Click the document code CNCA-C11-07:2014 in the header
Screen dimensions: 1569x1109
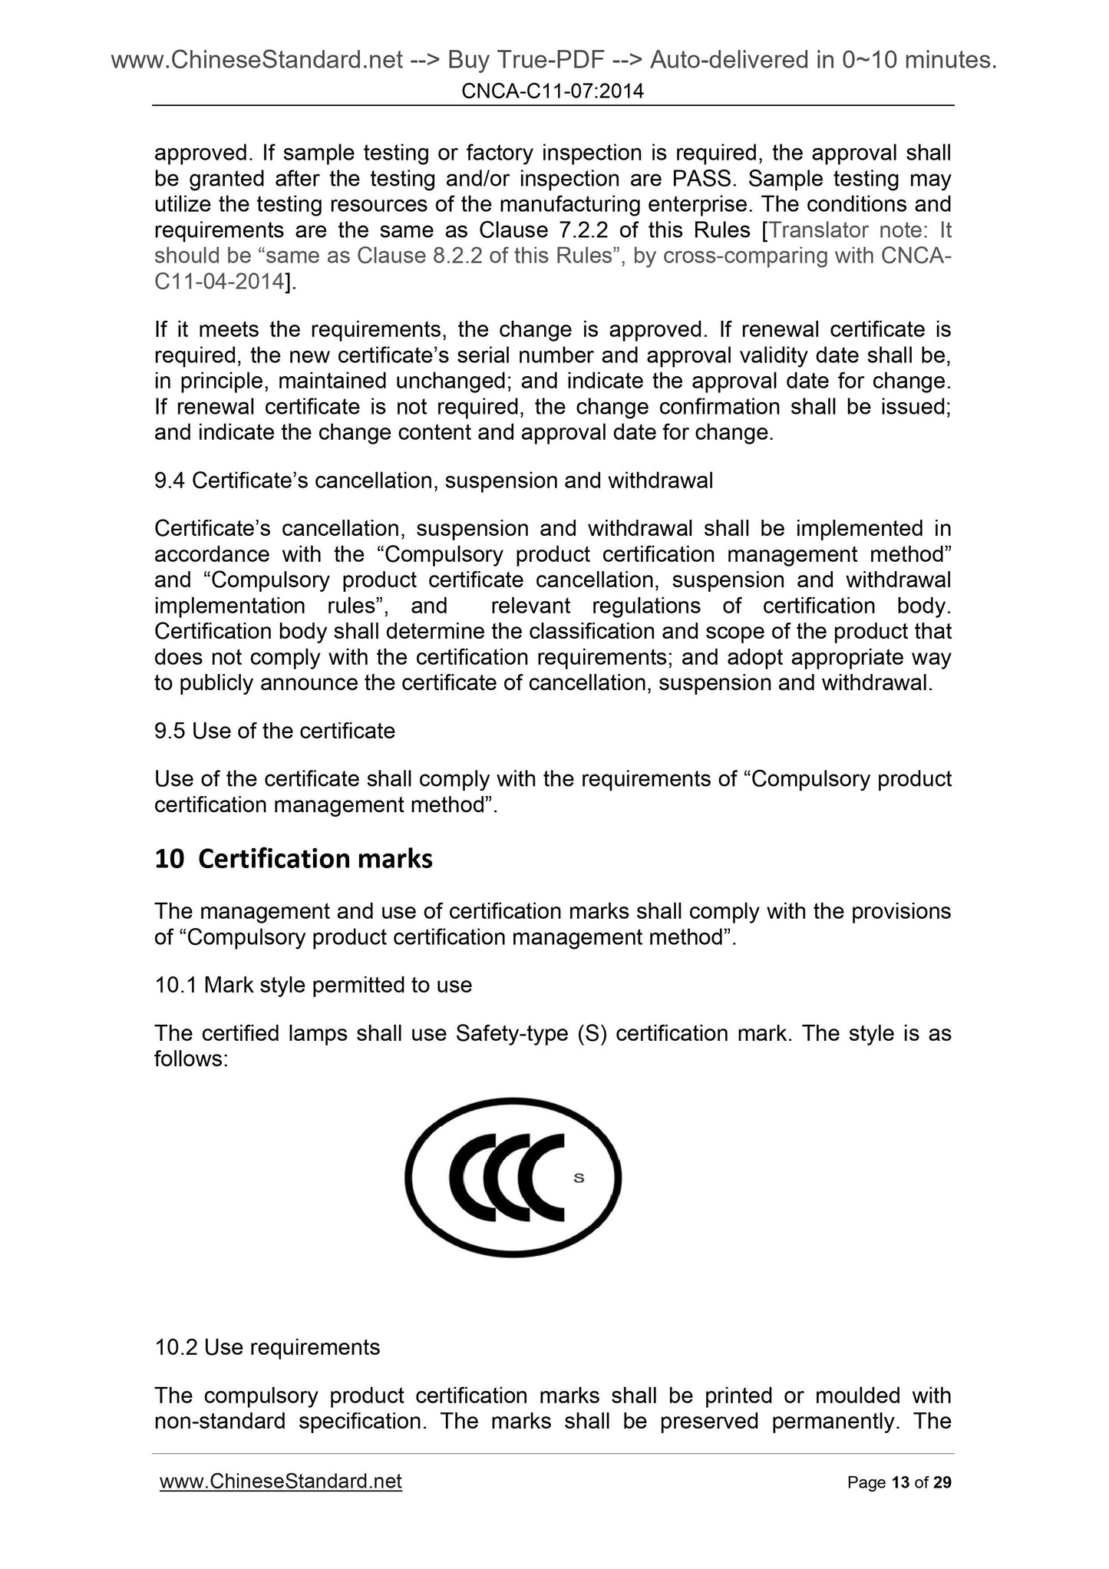553,92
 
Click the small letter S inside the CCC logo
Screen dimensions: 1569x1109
579,1178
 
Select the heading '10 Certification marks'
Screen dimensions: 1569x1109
293,859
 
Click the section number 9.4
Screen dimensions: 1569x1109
170,481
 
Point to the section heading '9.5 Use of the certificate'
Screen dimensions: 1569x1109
275,731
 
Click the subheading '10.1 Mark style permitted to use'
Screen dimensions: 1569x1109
313,985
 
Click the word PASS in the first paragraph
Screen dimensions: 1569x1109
706,179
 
